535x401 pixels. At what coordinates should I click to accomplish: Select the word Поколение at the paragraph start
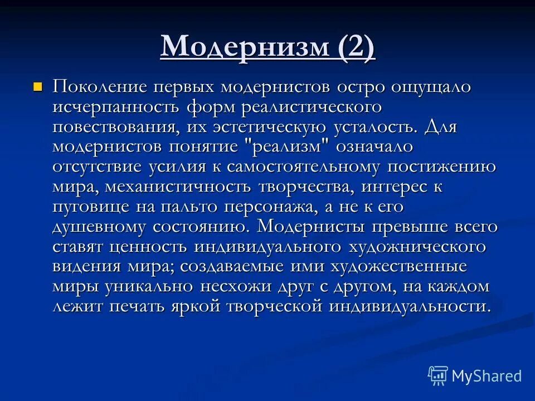pyautogui.click(x=100, y=87)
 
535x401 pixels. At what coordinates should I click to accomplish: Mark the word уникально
pyautogui.click(x=148, y=287)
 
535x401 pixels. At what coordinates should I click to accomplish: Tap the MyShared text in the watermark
pyautogui.click(x=487, y=375)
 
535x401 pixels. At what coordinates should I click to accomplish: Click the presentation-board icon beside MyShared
pyautogui.click(x=438, y=376)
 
